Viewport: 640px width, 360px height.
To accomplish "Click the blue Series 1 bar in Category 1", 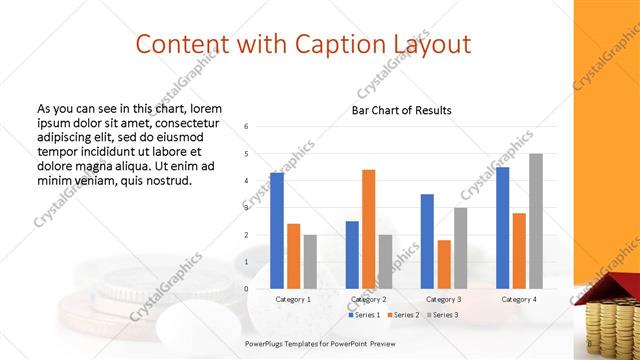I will [x=277, y=230].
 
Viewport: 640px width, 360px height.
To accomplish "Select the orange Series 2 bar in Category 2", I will [x=368, y=229].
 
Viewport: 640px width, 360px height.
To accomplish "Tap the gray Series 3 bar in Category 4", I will [x=536, y=221].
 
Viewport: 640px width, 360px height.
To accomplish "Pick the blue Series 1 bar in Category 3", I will [x=427, y=241].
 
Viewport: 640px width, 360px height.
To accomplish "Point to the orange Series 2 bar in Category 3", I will [x=444, y=264].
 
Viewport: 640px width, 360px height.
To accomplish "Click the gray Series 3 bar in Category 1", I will [x=310, y=262].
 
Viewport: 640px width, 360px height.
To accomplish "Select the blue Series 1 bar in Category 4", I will [x=503, y=227].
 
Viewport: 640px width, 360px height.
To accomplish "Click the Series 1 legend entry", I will [x=365, y=315].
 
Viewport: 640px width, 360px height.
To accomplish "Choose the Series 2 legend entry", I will [x=402, y=315].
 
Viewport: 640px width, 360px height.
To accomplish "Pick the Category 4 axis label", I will [x=519, y=299].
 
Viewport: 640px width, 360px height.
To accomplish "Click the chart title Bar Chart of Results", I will [x=401, y=110].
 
